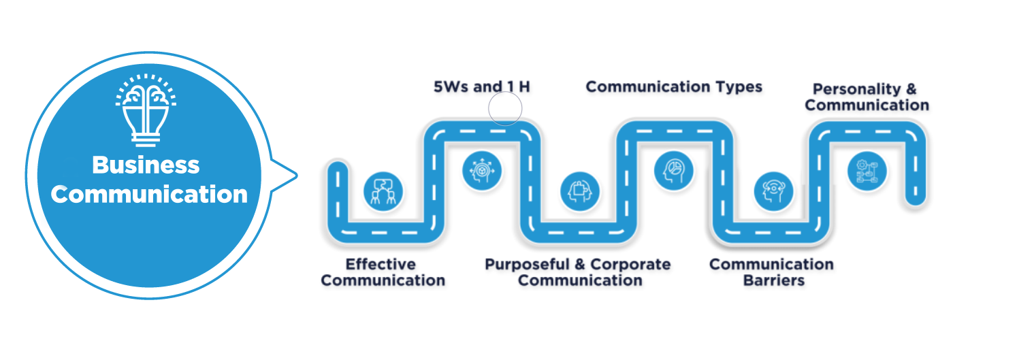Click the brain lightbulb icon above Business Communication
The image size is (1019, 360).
[146, 112]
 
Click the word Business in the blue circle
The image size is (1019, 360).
[146, 165]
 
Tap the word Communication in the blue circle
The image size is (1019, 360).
[149, 195]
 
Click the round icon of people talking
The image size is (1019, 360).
[383, 190]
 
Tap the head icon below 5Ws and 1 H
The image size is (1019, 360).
[481, 169]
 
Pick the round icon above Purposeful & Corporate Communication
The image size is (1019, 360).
[580, 190]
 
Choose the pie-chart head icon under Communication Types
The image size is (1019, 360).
[674, 169]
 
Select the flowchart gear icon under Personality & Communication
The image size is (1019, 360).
[867, 169]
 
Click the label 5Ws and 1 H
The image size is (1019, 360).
[481, 87]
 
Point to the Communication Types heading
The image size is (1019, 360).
[674, 87]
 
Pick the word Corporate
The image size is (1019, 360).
[630, 264]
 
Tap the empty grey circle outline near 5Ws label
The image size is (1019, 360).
[505, 109]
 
